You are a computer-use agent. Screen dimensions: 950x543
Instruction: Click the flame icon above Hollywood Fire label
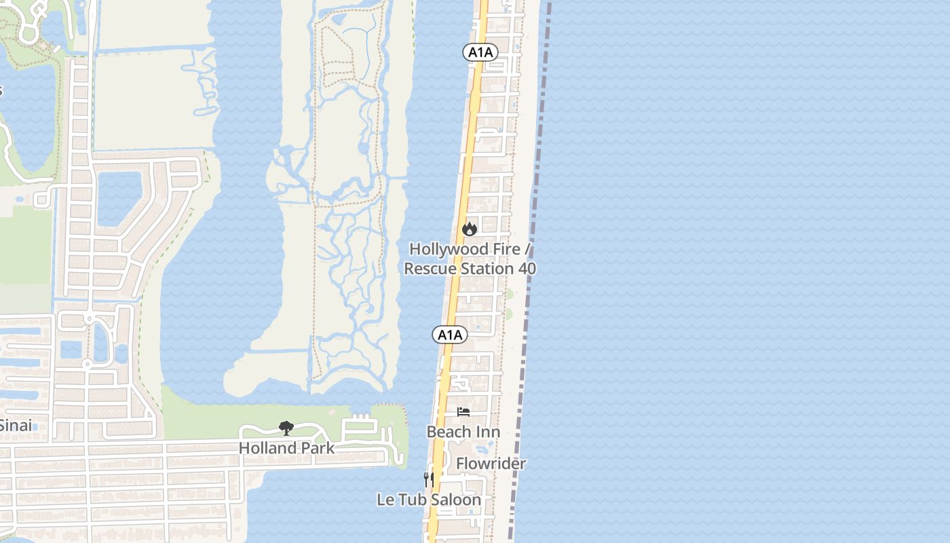(469, 229)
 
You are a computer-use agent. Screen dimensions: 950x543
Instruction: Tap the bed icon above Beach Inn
(463, 412)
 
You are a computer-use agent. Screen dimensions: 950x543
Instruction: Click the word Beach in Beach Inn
(449, 432)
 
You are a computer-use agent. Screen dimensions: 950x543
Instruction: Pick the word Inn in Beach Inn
(488, 432)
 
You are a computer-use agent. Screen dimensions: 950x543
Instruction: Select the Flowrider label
(491, 464)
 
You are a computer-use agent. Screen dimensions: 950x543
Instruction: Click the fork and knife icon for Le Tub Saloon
(428, 479)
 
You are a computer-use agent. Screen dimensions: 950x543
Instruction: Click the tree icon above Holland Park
(286, 428)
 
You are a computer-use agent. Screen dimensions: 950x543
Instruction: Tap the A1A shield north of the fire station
(480, 52)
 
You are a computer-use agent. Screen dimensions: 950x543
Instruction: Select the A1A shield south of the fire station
(450, 335)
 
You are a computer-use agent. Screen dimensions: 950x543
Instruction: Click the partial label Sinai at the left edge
(15, 426)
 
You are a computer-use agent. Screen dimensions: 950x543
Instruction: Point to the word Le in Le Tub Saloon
(385, 500)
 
